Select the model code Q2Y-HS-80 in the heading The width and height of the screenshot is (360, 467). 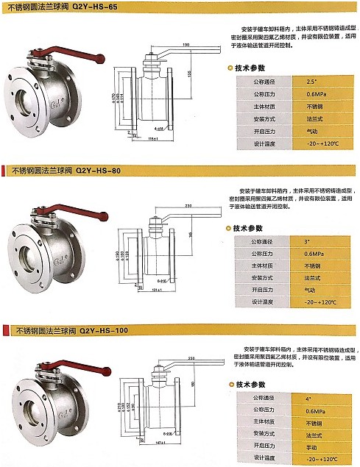(96, 170)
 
